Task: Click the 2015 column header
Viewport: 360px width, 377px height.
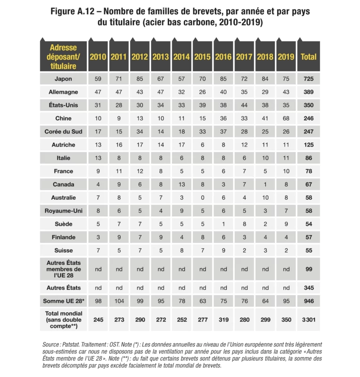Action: point(202,57)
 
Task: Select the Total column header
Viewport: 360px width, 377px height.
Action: point(309,57)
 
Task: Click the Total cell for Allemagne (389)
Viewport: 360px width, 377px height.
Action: point(309,92)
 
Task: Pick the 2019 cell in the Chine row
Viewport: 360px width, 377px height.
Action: point(286,118)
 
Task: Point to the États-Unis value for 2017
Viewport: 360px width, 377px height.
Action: point(244,105)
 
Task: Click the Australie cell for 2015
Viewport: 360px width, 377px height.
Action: point(202,197)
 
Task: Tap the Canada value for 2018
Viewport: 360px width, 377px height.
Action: point(265,184)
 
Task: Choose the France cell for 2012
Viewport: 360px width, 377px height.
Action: point(139,171)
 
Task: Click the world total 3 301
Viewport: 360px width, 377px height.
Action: point(309,320)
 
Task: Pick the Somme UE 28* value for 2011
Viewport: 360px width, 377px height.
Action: point(119,300)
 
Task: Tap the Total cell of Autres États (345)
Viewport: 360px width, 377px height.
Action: point(309,287)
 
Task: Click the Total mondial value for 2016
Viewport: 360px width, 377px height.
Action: point(223,320)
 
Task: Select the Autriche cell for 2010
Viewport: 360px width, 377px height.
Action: point(98,145)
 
